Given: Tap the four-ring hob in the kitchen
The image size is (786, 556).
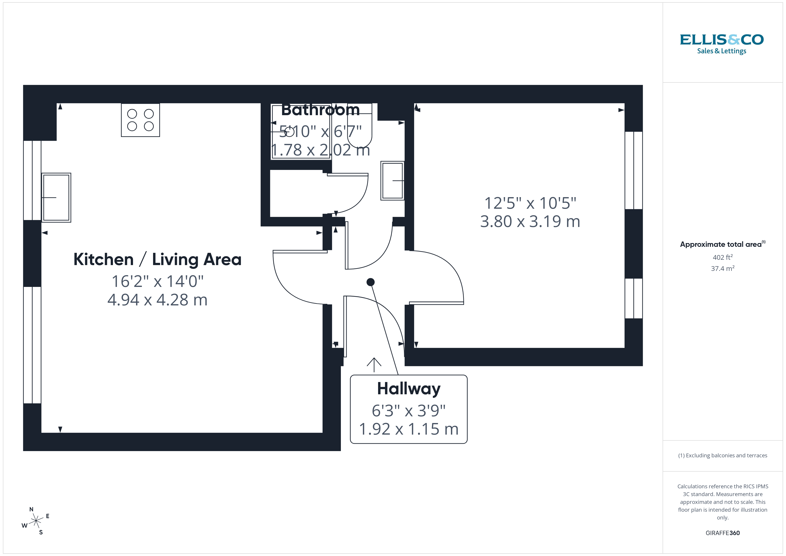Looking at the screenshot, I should [x=140, y=120].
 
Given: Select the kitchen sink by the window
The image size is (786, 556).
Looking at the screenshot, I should [x=56, y=198].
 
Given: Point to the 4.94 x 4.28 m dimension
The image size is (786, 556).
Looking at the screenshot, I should [x=158, y=300].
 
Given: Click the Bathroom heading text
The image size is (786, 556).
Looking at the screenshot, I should [x=320, y=110].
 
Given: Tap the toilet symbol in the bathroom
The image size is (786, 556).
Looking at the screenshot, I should [x=359, y=127].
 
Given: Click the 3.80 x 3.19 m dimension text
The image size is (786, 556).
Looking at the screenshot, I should [x=530, y=221].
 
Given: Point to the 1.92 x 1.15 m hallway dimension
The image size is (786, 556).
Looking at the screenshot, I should [x=409, y=429].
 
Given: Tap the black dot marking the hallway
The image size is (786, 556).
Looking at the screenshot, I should [x=370, y=282].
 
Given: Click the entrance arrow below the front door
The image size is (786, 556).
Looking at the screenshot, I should [x=374, y=365].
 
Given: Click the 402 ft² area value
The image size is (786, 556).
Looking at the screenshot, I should [x=722, y=257].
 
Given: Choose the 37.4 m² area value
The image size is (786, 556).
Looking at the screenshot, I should [x=722, y=268].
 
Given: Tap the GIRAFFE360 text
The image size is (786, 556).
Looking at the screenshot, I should [x=722, y=533].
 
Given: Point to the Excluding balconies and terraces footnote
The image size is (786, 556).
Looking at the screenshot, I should [x=722, y=455].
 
